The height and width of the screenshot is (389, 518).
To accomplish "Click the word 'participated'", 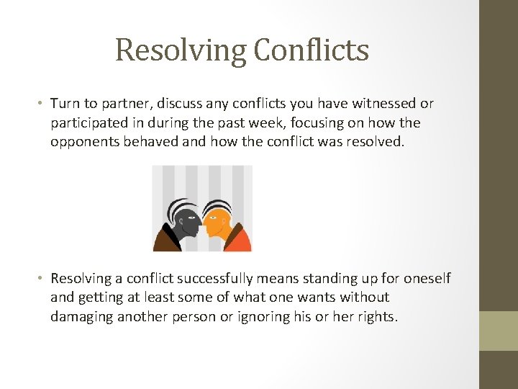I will pos(88,123).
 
